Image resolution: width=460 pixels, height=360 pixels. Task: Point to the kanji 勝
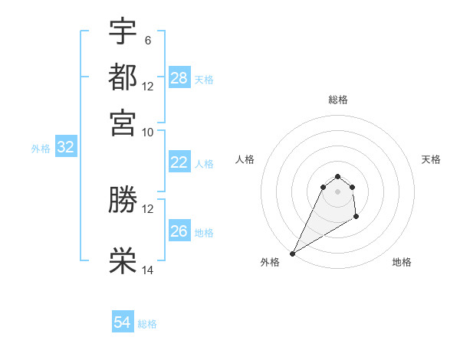[x=123, y=200]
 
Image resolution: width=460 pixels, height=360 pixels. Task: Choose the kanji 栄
[x=123, y=261]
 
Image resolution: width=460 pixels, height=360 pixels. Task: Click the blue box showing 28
[x=179, y=78]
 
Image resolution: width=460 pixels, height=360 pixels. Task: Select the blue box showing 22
[x=179, y=162]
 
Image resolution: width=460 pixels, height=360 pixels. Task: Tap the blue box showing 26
[x=179, y=231]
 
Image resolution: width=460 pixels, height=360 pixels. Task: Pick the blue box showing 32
[x=65, y=148]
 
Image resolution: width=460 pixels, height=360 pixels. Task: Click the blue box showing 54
[x=123, y=323]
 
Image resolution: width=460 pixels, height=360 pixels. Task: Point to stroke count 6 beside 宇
[x=147, y=39]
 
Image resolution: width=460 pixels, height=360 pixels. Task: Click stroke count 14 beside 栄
[x=148, y=270]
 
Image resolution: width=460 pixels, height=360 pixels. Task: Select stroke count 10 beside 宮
[x=148, y=132]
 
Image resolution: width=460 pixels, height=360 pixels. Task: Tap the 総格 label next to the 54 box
[x=147, y=324]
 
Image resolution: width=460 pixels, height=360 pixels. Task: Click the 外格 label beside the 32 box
[x=41, y=149]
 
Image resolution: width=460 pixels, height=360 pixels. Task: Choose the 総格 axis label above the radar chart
[x=337, y=100]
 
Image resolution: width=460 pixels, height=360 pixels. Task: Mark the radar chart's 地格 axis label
[x=402, y=262]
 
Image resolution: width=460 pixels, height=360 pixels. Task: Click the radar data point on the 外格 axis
[x=293, y=253]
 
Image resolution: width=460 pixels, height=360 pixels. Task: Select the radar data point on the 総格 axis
[x=337, y=177]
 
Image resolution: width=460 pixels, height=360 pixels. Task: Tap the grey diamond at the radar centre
[x=337, y=191]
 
